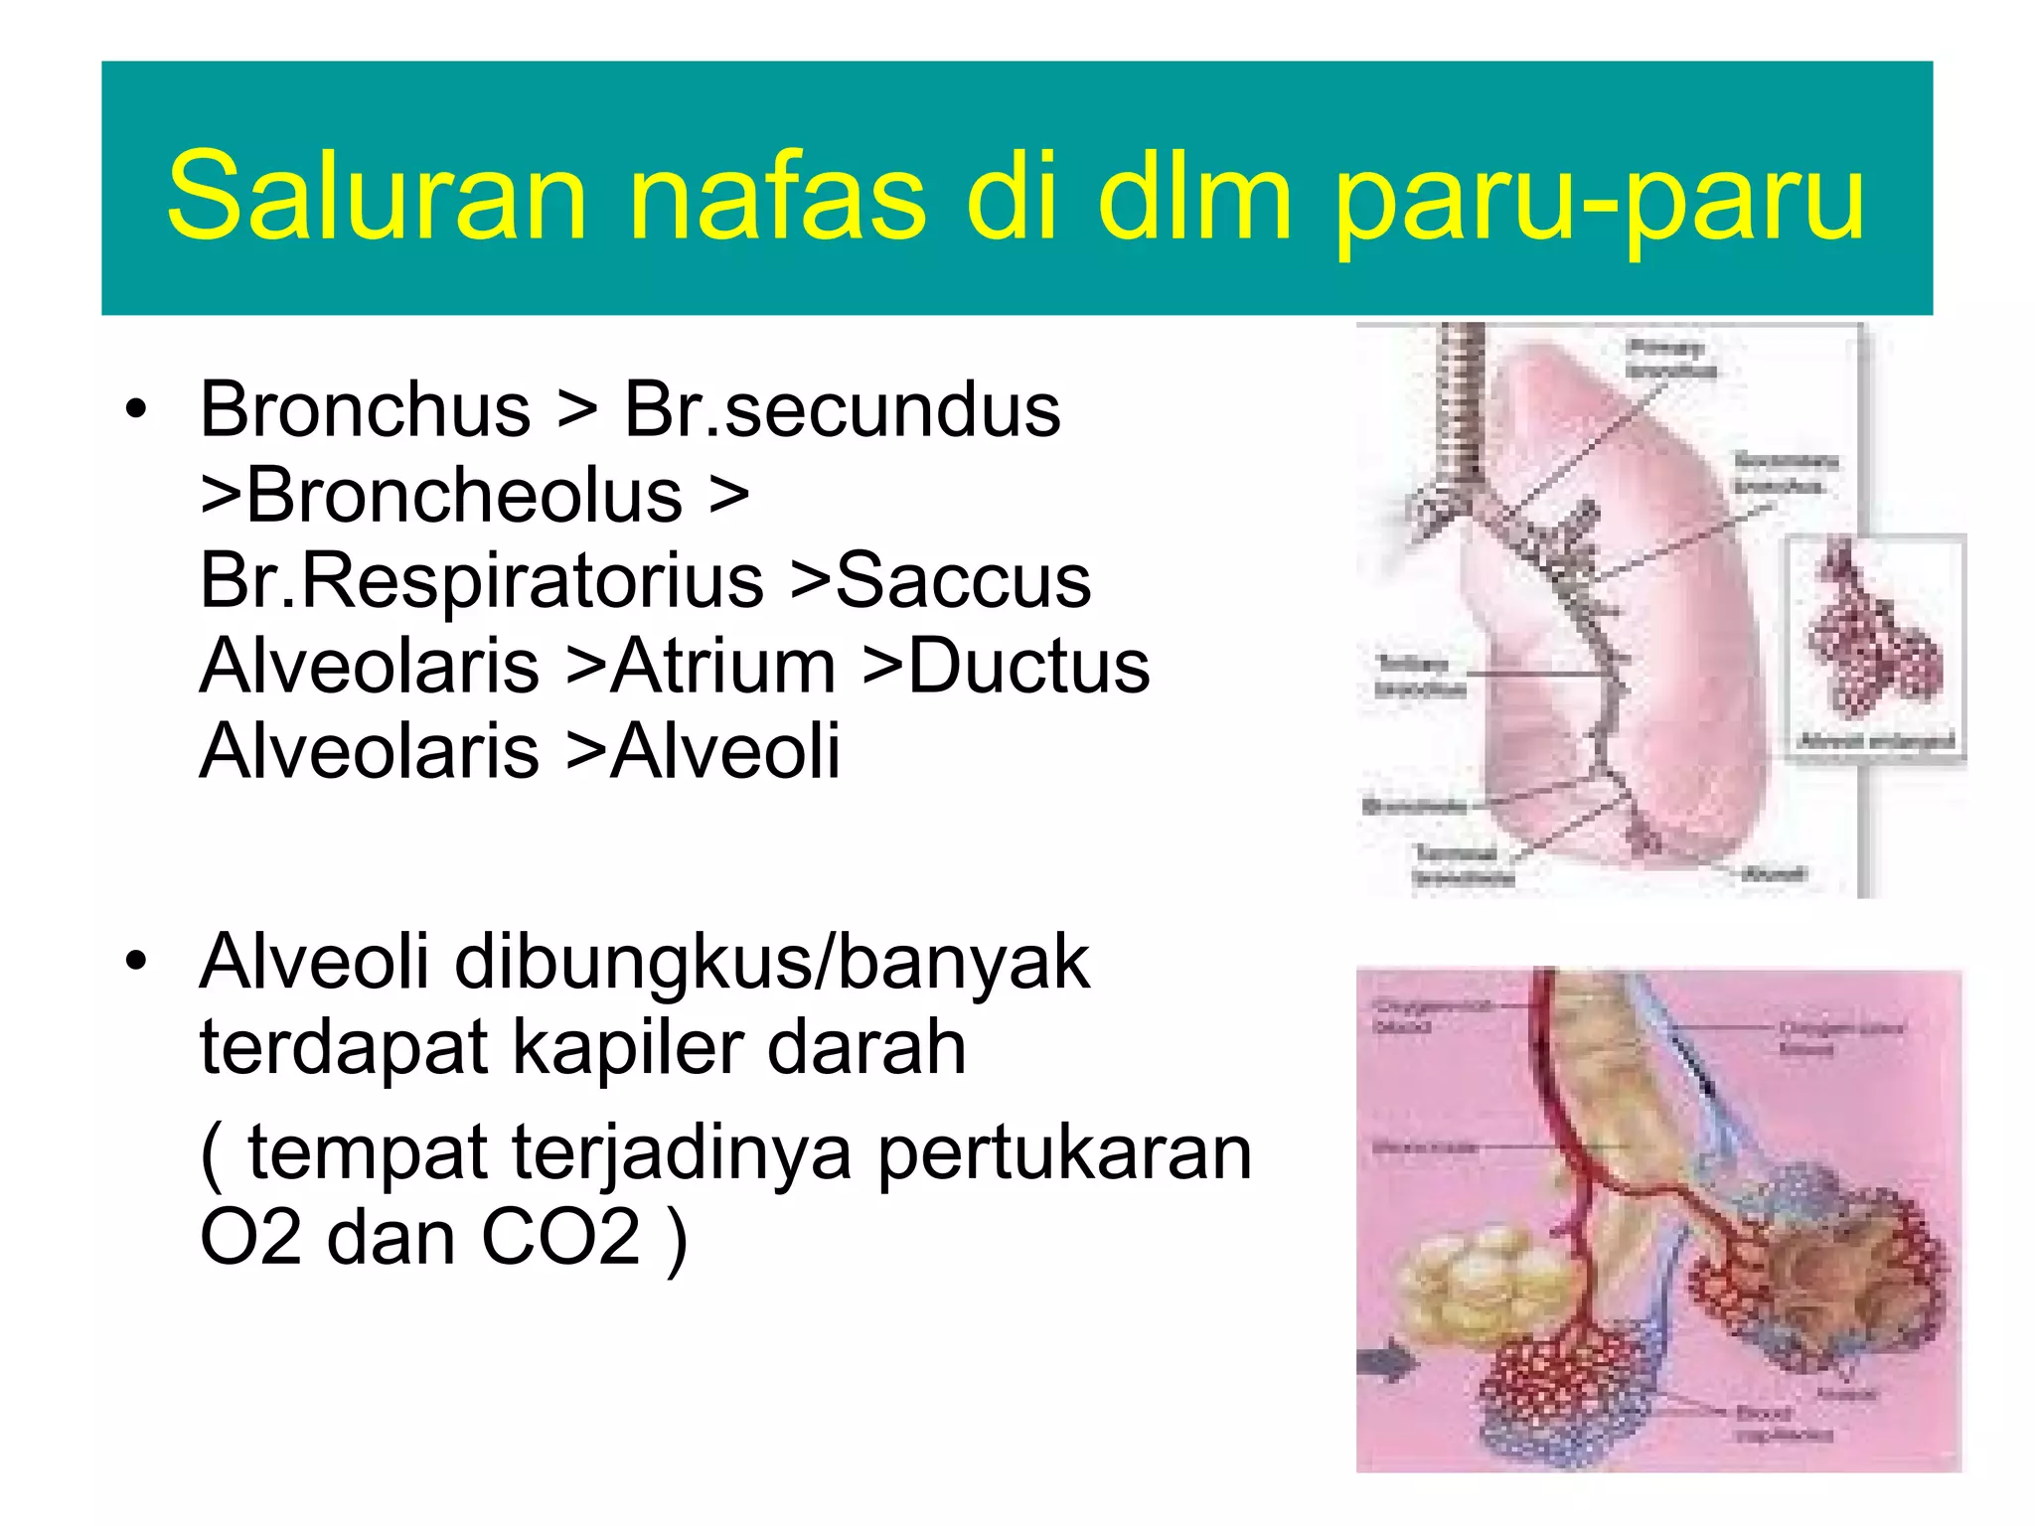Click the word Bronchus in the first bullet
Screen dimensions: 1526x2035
click(x=365, y=409)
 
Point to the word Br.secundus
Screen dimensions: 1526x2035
click(x=842, y=409)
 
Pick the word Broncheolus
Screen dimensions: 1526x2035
click(x=464, y=495)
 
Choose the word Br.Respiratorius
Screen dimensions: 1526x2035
click(x=481, y=580)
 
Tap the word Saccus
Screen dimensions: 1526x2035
click(x=963, y=580)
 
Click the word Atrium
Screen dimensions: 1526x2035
click(x=722, y=666)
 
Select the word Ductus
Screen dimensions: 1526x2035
click(x=1028, y=666)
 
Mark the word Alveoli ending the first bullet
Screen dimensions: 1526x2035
click(x=724, y=751)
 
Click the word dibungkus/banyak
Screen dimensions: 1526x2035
click(x=772, y=962)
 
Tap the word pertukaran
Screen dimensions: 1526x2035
click(x=1064, y=1152)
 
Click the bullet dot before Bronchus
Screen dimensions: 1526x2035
click(x=136, y=409)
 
